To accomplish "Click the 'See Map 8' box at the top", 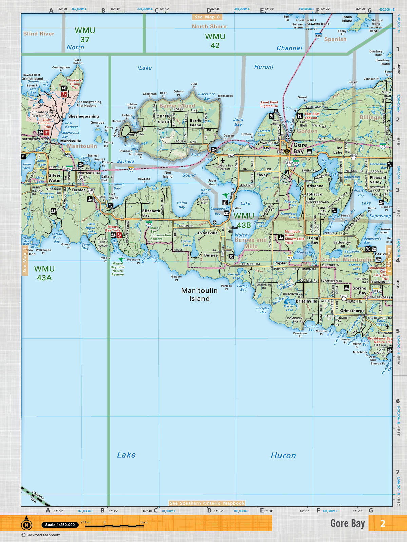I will [207, 17].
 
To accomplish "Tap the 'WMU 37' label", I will [85, 35].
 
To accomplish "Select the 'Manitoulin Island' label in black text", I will [199, 294].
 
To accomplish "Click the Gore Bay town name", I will [300, 148].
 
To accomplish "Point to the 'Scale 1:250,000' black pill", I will [60, 525].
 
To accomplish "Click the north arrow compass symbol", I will [26, 525].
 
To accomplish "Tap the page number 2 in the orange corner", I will [383, 523].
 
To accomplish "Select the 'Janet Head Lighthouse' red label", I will [269, 104].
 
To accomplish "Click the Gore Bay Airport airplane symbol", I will [222, 161].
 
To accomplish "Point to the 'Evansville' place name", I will [208, 233].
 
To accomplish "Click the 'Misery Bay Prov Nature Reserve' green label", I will [117, 269].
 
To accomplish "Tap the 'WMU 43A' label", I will [44, 273].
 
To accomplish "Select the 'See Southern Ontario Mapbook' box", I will [207, 503].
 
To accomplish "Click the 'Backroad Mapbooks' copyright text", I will [41, 535].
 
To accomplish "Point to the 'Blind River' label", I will [39, 34].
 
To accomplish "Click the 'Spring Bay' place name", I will [359, 290].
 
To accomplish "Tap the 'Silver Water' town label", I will [55, 178].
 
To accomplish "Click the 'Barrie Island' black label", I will [164, 118].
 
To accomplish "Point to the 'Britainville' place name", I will [306, 301].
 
